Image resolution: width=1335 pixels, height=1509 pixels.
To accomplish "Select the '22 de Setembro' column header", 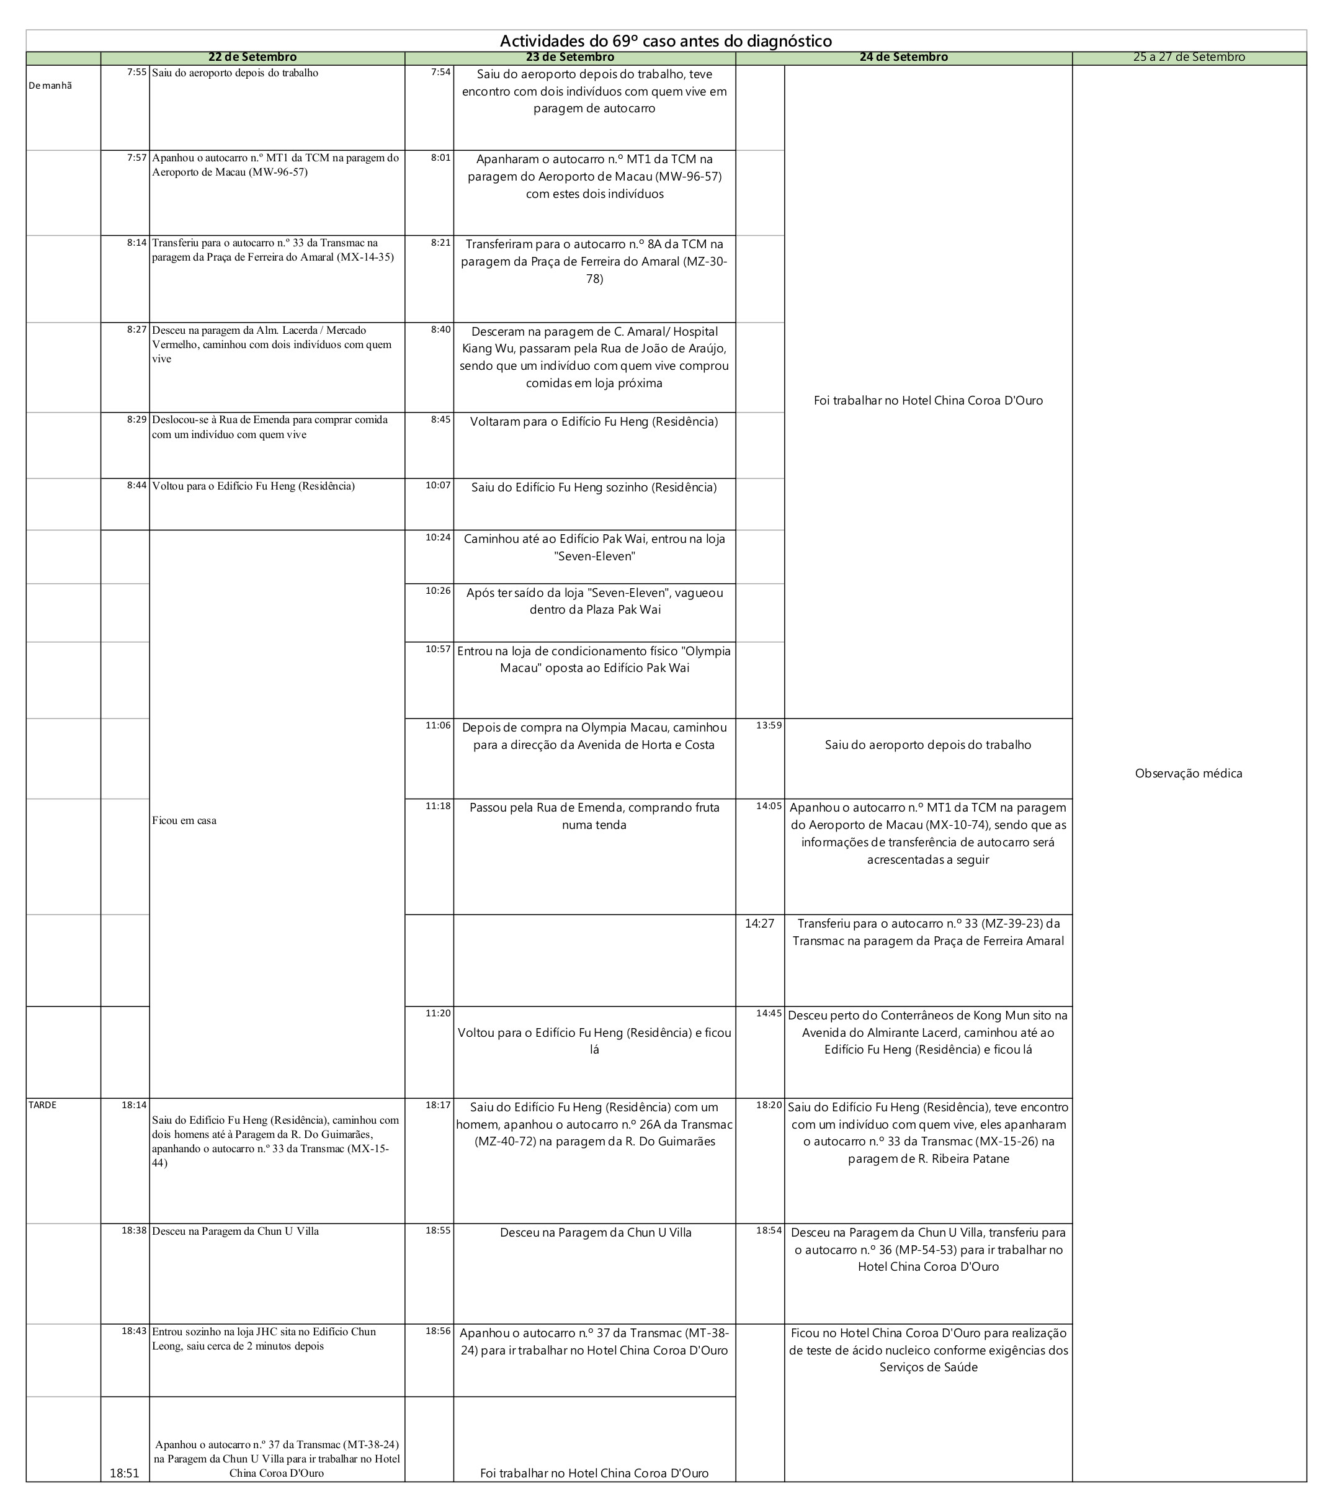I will click(x=252, y=58).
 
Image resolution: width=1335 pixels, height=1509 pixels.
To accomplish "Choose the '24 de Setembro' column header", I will click(x=903, y=58).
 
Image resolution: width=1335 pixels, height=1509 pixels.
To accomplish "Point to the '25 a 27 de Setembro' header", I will click(x=1189, y=58).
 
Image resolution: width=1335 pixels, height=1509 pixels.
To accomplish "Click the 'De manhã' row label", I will click(x=50, y=86).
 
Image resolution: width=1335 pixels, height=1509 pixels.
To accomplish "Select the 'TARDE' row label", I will click(x=42, y=1105).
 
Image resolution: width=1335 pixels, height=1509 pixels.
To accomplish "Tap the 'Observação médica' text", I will click(x=1188, y=774).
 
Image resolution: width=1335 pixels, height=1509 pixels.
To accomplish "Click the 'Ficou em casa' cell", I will click(x=184, y=820).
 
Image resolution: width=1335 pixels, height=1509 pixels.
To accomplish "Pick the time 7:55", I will click(x=136, y=73).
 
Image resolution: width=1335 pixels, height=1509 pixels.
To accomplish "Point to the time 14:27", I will click(x=759, y=923).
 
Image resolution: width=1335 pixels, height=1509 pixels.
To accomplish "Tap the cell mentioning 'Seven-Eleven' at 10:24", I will click(x=594, y=548).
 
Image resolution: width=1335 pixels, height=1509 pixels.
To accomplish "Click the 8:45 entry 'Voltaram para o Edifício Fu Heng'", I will click(x=594, y=421).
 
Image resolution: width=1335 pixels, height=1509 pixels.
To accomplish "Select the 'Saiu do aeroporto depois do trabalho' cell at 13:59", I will click(x=927, y=745).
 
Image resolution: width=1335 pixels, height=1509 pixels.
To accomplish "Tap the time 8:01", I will click(x=440, y=157).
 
